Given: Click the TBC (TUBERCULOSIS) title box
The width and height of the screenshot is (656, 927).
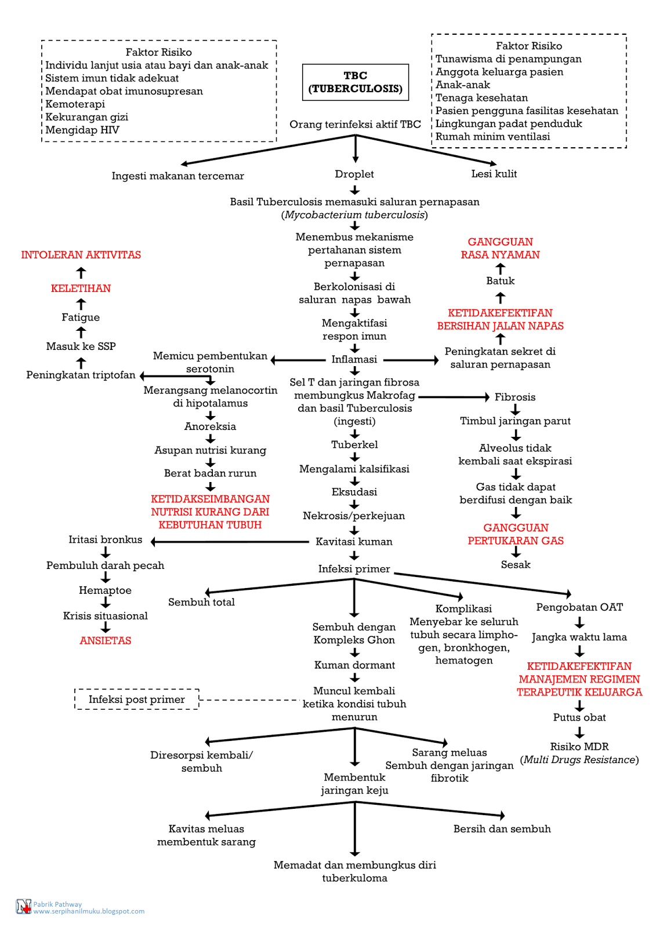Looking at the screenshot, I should point(355,82).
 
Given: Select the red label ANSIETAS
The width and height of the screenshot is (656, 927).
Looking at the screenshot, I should point(106,640).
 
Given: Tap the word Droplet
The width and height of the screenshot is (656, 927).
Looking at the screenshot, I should point(354,174).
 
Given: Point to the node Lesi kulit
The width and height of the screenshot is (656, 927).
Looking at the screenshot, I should point(494,174).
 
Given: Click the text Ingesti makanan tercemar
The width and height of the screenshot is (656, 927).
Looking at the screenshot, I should point(177,176).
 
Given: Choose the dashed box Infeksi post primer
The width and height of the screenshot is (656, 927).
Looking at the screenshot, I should point(137,699).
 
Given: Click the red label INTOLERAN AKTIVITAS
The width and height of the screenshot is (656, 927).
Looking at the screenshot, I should point(81,255).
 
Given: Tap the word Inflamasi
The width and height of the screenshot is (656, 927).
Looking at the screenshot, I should point(354,359).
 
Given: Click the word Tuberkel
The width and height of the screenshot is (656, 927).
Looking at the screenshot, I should point(354,444).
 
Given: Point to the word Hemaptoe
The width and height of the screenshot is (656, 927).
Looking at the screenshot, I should point(105,590).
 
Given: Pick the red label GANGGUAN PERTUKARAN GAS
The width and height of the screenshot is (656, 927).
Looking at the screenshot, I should point(516,534).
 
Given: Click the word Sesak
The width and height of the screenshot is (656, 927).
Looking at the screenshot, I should point(516,564).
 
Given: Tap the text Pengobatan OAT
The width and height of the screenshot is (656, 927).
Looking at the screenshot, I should point(579,607).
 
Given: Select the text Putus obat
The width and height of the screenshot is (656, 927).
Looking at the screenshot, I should point(579,717).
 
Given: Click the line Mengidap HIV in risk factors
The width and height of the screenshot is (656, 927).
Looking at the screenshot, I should point(82,130).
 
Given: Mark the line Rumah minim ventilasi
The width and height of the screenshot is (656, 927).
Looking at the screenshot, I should point(492,137).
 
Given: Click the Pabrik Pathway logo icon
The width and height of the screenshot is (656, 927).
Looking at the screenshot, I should point(23,907).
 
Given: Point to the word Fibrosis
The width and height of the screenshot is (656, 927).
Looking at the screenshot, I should point(514,397).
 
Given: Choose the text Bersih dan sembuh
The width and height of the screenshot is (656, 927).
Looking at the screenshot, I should point(502,829).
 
